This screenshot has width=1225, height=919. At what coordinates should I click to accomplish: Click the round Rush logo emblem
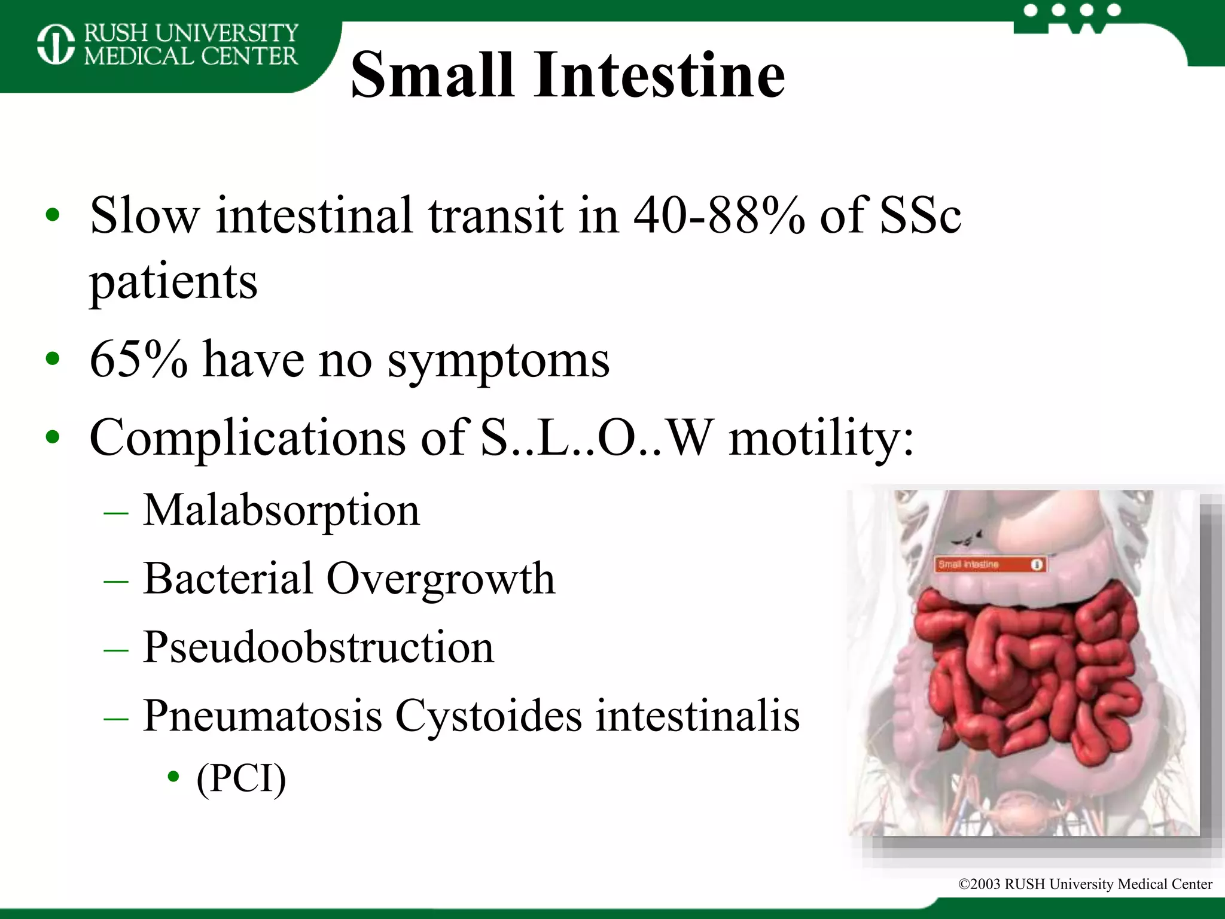(56, 44)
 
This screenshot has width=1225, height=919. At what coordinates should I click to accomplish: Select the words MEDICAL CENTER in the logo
(190, 56)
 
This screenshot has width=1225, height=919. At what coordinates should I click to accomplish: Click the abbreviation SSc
(920, 215)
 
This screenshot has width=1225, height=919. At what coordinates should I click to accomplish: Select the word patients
(173, 282)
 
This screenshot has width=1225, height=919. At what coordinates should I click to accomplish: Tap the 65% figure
(138, 360)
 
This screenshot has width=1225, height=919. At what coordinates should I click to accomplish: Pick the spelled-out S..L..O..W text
(597, 437)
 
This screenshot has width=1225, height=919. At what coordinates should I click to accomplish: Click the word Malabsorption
(281, 510)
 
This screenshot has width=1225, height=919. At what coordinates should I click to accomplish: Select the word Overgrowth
(441, 579)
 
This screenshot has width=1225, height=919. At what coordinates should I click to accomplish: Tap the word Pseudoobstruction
(318, 647)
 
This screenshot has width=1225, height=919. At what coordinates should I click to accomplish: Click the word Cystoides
(488, 716)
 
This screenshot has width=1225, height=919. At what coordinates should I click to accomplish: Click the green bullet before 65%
(53, 359)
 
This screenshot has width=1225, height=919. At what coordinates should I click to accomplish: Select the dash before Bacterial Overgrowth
(115, 580)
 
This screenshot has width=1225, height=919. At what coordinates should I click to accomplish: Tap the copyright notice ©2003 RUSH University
(1084, 884)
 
